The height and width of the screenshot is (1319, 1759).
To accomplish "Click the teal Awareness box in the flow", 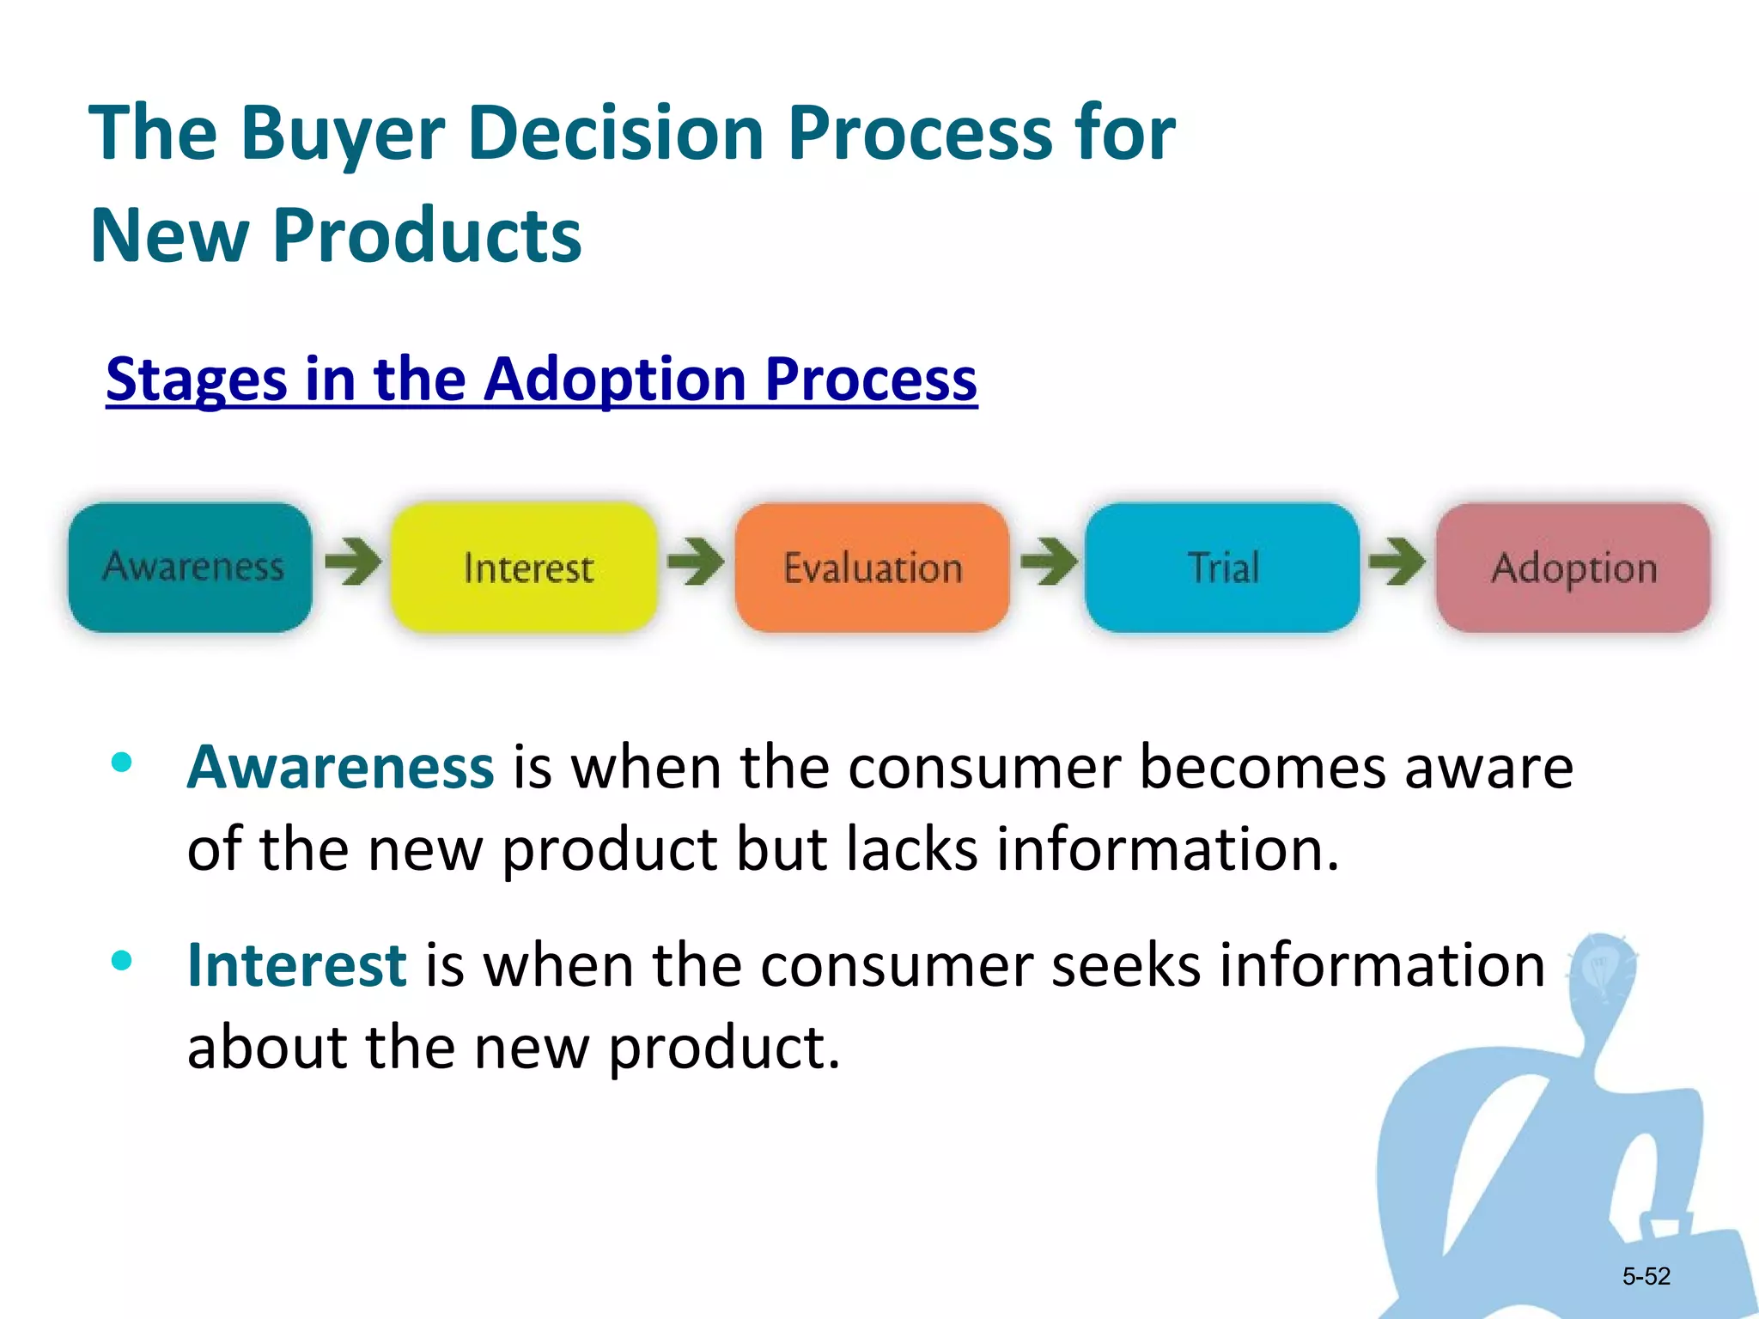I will [190, 568].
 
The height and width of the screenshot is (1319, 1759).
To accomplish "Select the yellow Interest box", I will [525, 568].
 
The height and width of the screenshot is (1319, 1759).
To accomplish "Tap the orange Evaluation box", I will [872, 568].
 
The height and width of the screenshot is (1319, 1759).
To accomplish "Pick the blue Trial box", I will [1221, 568].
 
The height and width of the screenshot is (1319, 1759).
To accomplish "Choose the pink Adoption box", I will [1573, 568].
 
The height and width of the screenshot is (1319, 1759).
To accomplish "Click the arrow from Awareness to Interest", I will [353, 562].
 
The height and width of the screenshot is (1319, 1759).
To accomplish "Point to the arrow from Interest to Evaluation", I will [696, 562].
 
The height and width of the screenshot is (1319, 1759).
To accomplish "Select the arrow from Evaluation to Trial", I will [1049, 562].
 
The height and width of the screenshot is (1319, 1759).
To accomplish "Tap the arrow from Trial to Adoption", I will [1397, 562].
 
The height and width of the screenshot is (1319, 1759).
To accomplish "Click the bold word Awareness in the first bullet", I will [340, 767].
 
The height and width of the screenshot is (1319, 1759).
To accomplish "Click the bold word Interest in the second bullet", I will [296, 965].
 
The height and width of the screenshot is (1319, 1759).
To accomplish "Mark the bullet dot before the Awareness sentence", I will [122, 762].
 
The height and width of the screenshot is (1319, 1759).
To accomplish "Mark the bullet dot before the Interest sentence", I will [122, 960].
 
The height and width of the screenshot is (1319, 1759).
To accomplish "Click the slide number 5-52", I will [1646, 1276].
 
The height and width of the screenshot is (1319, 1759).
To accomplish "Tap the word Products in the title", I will [427, 235].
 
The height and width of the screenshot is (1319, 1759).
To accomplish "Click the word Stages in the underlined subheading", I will [196, 379].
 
